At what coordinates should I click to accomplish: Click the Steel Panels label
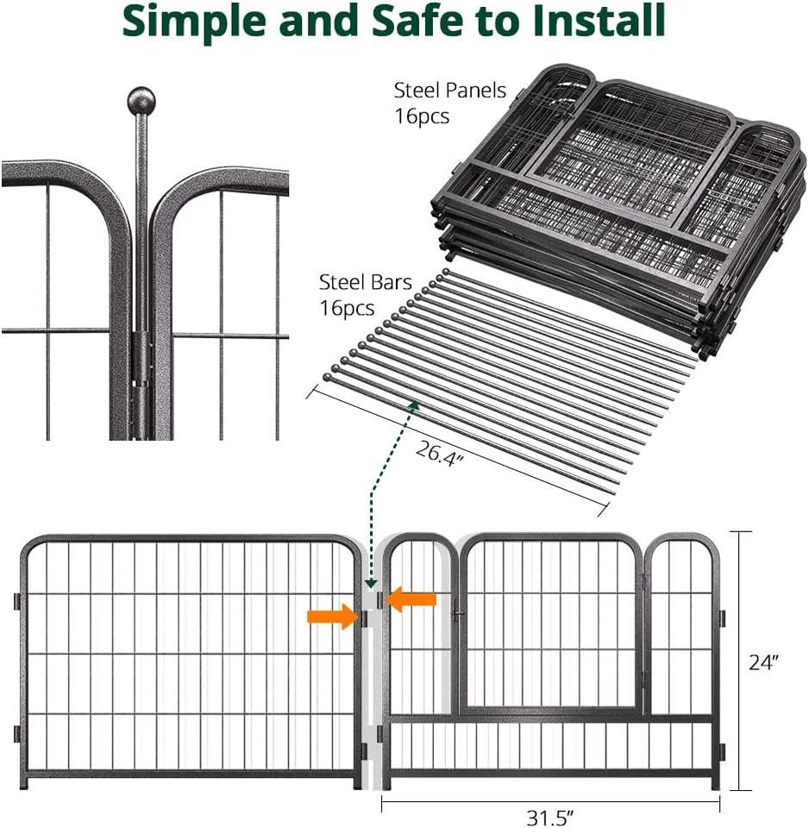(x=449, y=91)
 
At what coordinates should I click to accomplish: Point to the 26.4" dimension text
(x=440, y=451)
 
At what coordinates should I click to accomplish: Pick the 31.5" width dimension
(x=551, y=816)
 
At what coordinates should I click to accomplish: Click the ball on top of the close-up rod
(x=141, y=101)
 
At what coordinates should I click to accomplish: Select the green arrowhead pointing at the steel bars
(x=413, y=405)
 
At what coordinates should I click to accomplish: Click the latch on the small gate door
(x=456, y=612)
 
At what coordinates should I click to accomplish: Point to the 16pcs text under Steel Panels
(x=422, y=116)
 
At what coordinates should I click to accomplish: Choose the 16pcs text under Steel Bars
(x=347, y=308)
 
